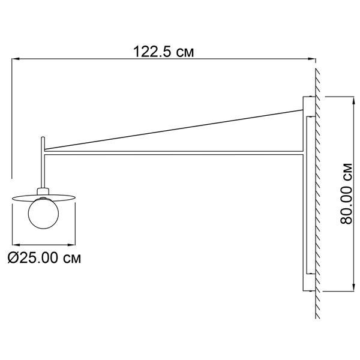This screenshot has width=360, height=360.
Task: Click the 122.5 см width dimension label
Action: (163, 52)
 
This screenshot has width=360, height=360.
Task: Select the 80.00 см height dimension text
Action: (346, 194)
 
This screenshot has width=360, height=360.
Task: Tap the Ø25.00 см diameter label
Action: (44, 257)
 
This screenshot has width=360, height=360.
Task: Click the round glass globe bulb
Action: (43, 213)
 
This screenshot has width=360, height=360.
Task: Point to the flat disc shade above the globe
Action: (44, 198)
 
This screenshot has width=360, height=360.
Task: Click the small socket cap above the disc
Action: (43, 191)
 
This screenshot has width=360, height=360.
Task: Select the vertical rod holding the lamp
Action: (43, 163)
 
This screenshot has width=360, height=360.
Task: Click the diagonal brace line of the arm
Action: (174, 130)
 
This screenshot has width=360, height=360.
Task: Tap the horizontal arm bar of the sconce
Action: (174, 153)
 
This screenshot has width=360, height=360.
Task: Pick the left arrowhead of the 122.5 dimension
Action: (15, 59)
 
